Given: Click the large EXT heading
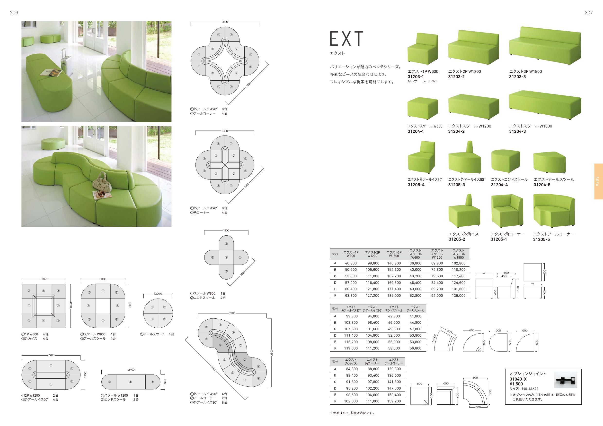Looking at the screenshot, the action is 346,39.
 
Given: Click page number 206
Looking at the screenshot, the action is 14,13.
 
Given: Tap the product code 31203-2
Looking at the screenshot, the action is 456,77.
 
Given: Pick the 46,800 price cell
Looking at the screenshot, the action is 351,263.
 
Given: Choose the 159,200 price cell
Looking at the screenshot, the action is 394,401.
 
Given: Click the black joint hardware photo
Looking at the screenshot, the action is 566,380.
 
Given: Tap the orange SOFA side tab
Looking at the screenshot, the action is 599,181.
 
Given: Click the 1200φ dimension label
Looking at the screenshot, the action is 158,294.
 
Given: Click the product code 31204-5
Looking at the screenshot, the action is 542,185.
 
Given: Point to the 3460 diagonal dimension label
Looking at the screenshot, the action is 214,368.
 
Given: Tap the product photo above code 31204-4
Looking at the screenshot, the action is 505,162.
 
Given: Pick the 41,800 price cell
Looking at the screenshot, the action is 416,316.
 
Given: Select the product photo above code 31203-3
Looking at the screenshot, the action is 545,46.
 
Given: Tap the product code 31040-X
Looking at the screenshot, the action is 518,379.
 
